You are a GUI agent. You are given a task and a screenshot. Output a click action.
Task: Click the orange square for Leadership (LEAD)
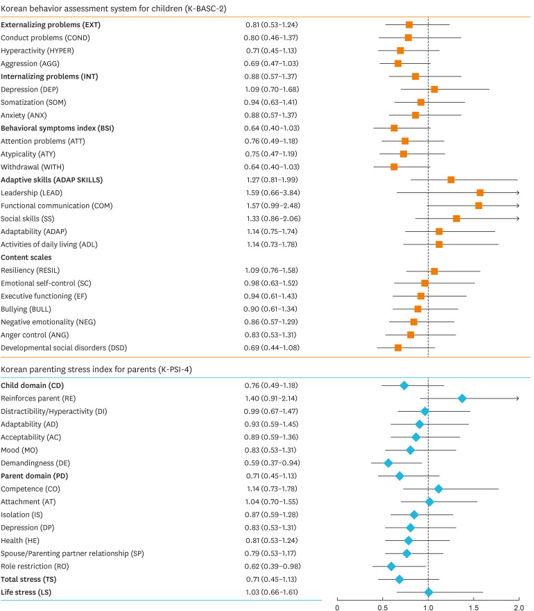480,192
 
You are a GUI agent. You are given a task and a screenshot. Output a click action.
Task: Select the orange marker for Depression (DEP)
434,89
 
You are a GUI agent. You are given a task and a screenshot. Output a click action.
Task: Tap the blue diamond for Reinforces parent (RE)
462,398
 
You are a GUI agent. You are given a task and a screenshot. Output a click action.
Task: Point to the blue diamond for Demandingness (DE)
388,462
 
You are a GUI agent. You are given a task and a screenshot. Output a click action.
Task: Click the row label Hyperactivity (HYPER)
37,51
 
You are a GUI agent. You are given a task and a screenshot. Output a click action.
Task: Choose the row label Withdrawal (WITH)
35,167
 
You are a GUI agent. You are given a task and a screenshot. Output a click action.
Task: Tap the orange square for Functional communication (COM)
479,206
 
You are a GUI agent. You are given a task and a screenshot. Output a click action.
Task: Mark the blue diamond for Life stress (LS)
429,592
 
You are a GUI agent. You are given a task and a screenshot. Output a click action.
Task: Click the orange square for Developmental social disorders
398,347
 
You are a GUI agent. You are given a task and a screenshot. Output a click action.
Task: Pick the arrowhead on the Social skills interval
517,218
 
